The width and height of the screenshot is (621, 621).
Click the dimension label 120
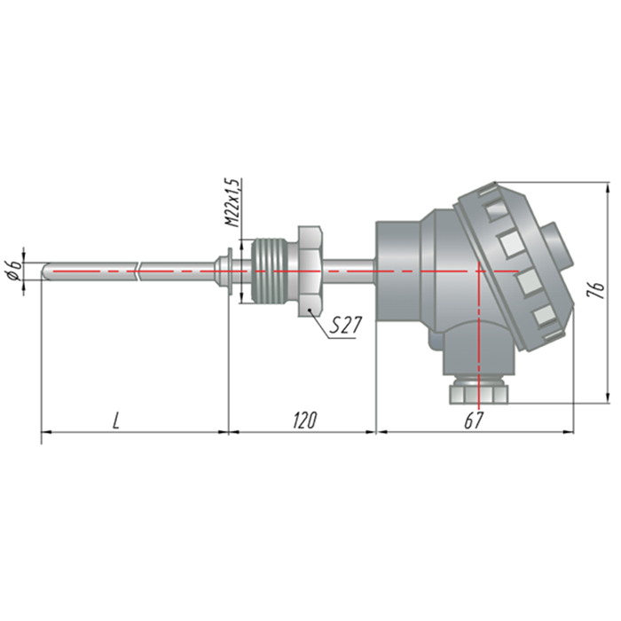point(304,421)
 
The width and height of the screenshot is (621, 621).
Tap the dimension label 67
point(474,421)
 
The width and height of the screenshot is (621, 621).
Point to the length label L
point(115,421)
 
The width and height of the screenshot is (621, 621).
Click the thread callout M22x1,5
point(232,202)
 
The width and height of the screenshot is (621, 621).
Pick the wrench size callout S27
point(346,326)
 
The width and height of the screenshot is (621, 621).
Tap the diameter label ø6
point(13,271)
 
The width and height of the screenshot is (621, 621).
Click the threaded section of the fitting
point(270,271)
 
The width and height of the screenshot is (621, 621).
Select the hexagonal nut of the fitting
point(310,271)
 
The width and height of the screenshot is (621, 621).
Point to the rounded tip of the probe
point(44,271)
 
